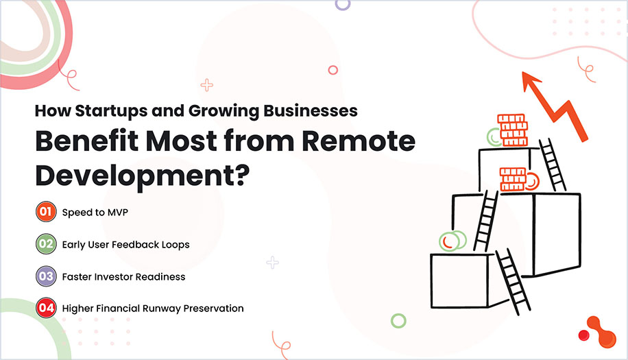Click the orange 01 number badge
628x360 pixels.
(x=46, y=212)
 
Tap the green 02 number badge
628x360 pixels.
(x=46, y=244)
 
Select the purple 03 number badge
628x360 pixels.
(x=46, y=276)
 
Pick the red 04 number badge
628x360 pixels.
(x=46, y=308)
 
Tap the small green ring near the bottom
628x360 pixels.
(x=398, y=320)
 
